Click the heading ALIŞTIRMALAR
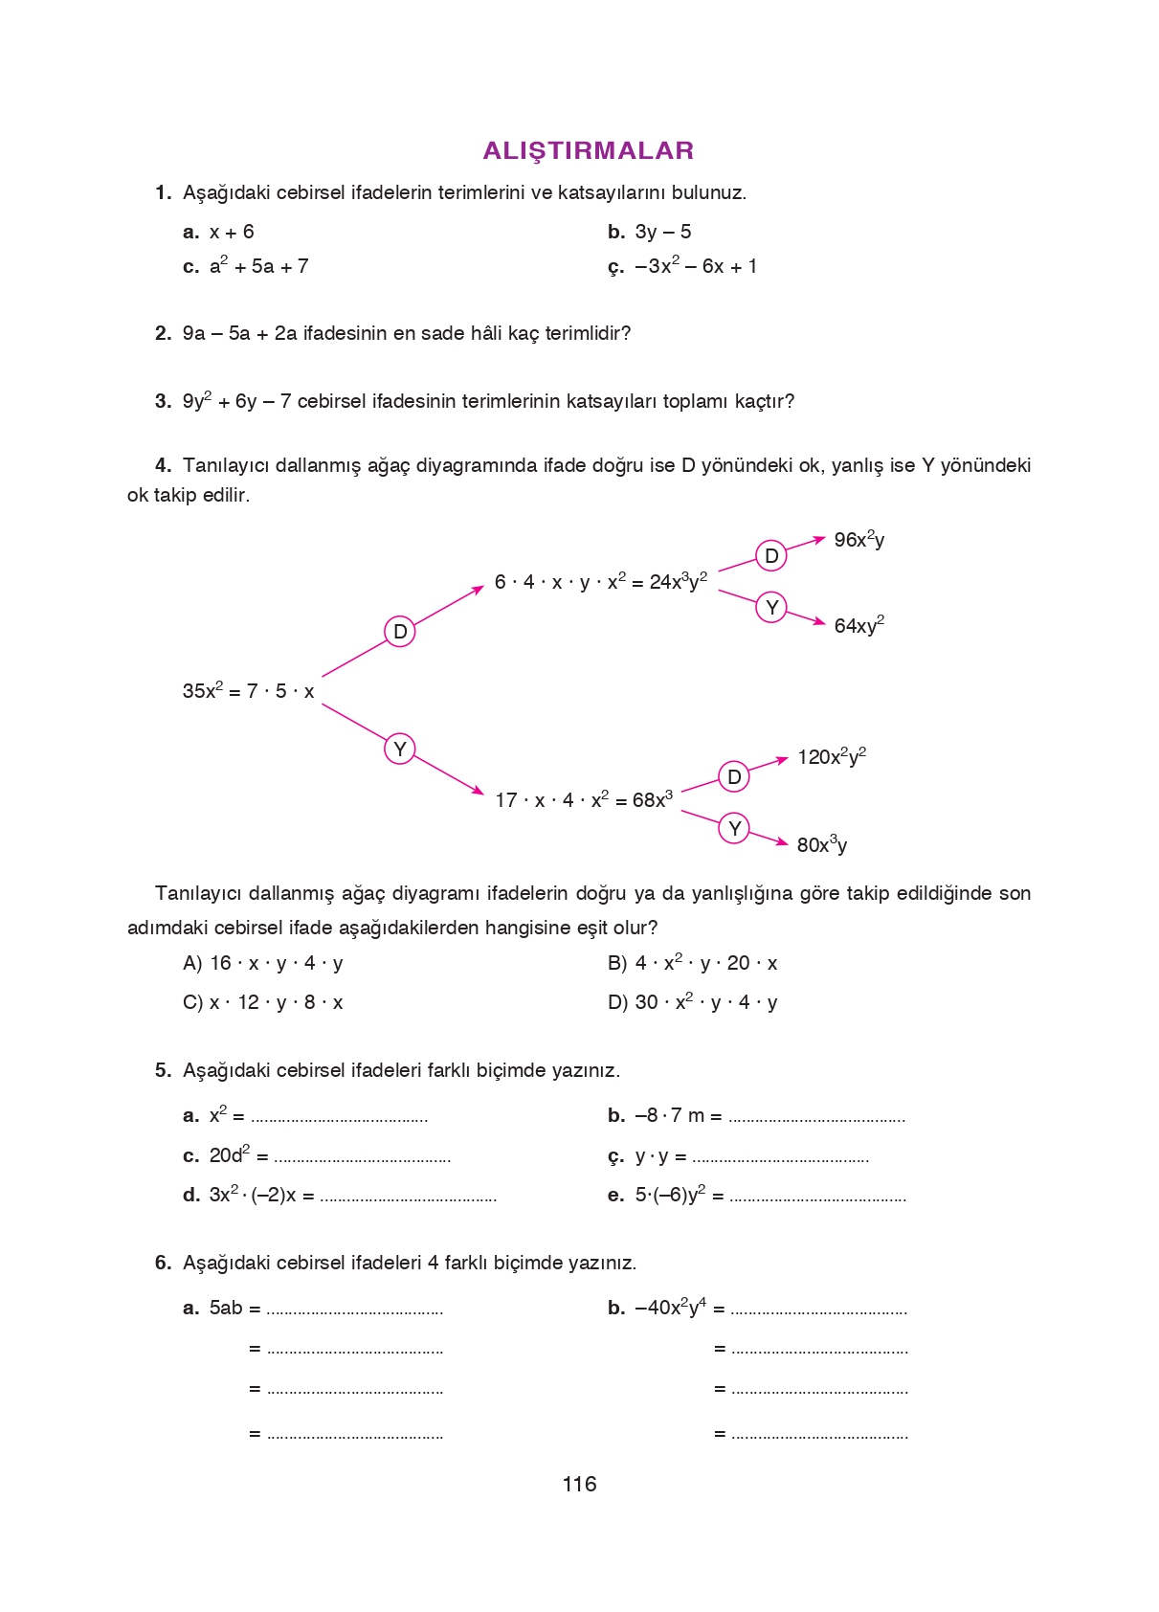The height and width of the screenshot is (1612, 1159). (588, 150)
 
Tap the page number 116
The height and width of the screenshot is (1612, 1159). (579, 1484)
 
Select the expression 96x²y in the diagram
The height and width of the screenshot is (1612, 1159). (858, 540)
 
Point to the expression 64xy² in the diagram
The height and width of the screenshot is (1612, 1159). (858, 625)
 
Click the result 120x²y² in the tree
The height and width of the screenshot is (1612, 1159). (832, 756)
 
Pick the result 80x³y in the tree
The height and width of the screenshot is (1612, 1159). (821, 844)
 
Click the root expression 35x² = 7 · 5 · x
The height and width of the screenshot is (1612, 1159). (248, 690)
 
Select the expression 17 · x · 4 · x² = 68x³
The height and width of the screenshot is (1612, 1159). (583, 799)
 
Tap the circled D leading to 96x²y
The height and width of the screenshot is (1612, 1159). (771, 556)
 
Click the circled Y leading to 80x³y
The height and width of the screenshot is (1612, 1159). (734, 828)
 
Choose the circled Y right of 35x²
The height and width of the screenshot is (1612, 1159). (400, 749)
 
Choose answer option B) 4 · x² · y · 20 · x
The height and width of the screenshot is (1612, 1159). (692, 963)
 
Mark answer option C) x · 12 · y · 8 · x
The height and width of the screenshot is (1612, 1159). (263, 1002)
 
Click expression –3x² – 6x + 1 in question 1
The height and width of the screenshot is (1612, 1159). (696, 266)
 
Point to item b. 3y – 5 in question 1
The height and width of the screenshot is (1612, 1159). (650, 232)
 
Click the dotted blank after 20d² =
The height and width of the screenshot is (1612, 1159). (362, 1158)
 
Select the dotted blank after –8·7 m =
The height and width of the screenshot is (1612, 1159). (816, 1118)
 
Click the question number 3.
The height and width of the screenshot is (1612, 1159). (163, 401)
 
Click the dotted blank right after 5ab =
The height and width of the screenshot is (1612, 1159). (354, 1310)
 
